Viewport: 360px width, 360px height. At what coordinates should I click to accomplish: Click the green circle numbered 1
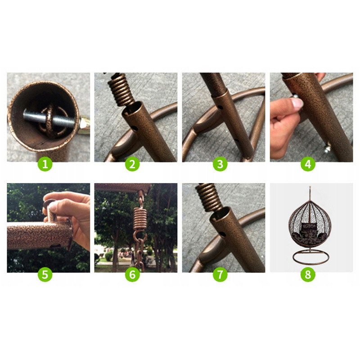point(45,164)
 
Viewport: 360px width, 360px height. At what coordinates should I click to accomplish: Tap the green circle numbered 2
point(132,164)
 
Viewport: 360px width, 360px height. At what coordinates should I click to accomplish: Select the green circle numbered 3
point(220,164)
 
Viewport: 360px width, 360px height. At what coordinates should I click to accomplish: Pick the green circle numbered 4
point(308,164)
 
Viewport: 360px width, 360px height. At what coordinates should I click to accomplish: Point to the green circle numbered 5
point(45,274)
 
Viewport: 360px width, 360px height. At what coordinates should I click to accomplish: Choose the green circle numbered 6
point(132,274)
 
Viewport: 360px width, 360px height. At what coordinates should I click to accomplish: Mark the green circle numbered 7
point(220,274)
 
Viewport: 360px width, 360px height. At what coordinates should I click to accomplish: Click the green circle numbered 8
point(308,274)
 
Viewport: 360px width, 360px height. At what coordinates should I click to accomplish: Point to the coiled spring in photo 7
point(208,196)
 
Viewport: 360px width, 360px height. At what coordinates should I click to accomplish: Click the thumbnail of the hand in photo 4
point(297,103)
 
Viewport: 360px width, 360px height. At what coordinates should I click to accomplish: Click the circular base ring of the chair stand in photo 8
point(310,264)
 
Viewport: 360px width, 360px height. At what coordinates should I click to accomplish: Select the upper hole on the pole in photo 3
point(220,107)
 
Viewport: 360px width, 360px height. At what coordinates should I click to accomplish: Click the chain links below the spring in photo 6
point(139,252)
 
